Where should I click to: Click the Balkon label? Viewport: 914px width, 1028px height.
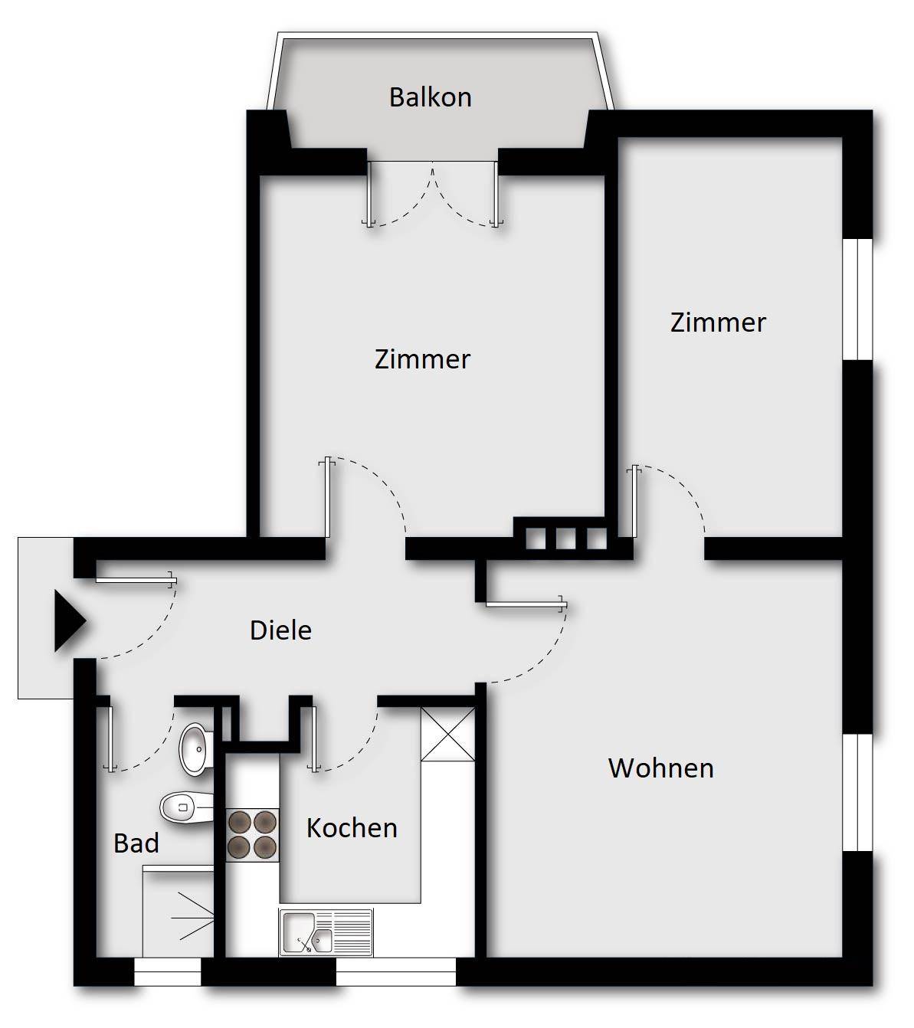pyautogui.click(x=431, y=97)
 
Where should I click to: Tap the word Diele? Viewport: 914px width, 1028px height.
pyautogui.click(x=280, y=630)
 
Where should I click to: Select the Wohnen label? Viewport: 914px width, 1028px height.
pyautogui.click(x=660, y=768)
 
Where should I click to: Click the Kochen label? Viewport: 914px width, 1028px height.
pyautogui.click(x=352, y=828)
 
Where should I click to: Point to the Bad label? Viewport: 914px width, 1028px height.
pyautogui.click(x=136, y=843)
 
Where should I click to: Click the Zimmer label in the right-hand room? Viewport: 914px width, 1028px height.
pyautogui.click(x=718, y=322)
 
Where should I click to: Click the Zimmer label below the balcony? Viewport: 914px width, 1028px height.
pyautogui.click(x=422, y=359)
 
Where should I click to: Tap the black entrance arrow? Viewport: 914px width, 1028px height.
pyautogui.click(x=70, y=620)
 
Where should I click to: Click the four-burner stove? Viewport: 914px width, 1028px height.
pyautogui.click(x=252, y=835)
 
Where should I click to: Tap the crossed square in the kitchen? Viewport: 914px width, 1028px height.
pyautogui.click(x=448, y=734)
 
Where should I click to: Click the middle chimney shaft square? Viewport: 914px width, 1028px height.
pyautogui.click(x=565, y=539)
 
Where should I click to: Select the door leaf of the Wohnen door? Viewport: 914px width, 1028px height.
pyautogui.click(x=526, y=604)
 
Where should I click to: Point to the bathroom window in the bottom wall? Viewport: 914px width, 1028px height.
pyautogui.click(x=168, y=971)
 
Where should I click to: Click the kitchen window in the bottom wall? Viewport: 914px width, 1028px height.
pyautogui.click(x=396, y=971)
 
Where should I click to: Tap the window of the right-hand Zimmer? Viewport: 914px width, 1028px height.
pyautogui.click(x=857, y=300)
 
